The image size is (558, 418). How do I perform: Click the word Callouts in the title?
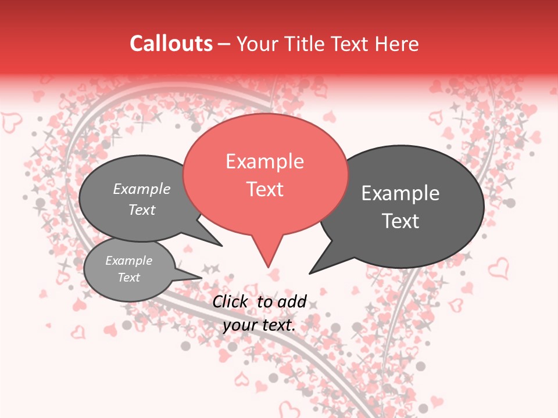(171, 44)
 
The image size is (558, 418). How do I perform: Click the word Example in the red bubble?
(264, 161)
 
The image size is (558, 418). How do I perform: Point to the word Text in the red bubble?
(264, 189)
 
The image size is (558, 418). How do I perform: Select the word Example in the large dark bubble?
(400, 193)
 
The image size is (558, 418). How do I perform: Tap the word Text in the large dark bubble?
(400, 221)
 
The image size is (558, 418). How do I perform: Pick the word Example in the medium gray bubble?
(142, 189)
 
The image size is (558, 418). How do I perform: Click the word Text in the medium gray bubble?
(142, 210)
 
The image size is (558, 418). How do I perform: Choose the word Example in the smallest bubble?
(128, 261)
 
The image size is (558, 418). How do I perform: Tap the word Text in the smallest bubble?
(128, 278)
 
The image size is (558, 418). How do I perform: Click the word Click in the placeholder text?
(230, 301)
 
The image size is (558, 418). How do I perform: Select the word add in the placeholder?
(293, 301)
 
